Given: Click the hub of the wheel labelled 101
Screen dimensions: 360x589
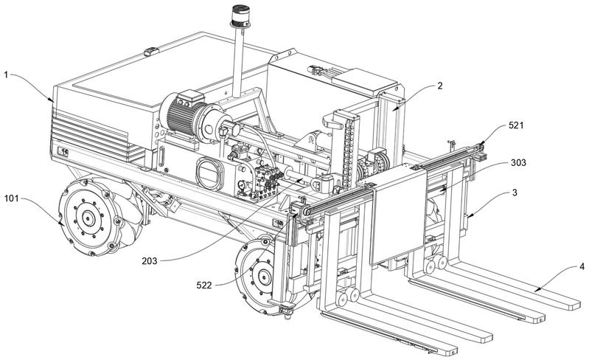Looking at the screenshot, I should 87,218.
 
